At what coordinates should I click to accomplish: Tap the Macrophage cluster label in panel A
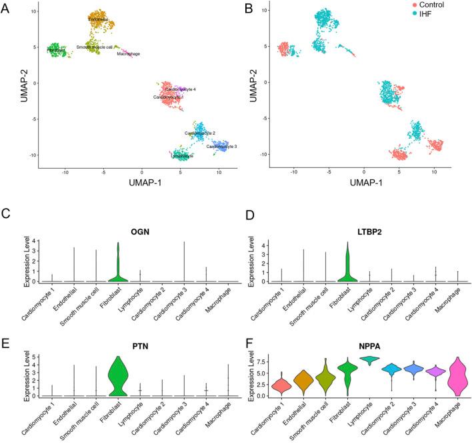tap(128, 54)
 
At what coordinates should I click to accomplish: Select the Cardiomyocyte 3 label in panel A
tap(221, 146)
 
